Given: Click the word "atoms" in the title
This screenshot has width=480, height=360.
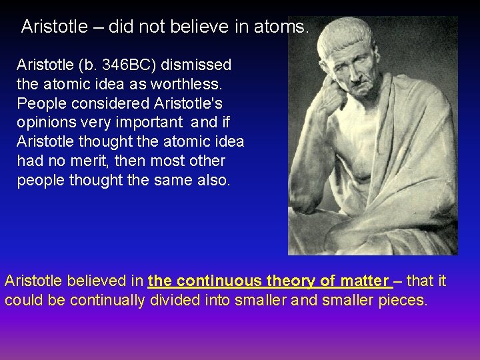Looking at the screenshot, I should [287, 27].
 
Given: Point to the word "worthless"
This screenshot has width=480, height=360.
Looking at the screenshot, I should [194, 85].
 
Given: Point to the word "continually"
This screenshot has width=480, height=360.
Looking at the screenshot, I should [107, 300].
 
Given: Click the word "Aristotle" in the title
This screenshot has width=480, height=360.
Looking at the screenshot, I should [54, 27].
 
